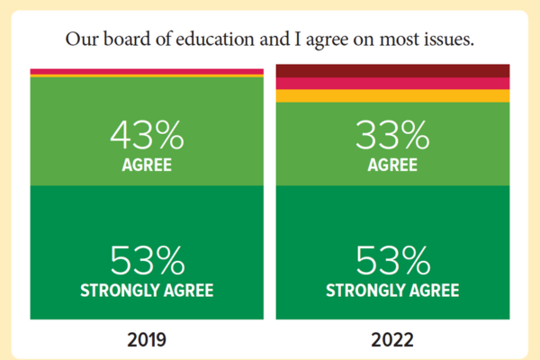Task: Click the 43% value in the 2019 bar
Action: pos(147,135)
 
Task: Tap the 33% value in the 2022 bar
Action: pos(392,135)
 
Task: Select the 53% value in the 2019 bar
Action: pos(147,260)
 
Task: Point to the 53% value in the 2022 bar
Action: pos(392,260)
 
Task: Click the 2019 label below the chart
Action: pos(147,341)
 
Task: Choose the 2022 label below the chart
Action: pos(392,341)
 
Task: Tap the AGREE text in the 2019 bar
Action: pos(147,166)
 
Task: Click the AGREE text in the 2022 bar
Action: pos(392,166)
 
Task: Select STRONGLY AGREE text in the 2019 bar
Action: pos(147,291)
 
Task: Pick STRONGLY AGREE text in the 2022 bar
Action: pos(392,291)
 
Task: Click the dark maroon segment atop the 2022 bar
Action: pos(392,70)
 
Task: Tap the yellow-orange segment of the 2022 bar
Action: pos(392,95)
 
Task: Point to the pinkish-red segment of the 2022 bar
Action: pos(392,83)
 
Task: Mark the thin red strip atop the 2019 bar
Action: pos(147,71)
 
